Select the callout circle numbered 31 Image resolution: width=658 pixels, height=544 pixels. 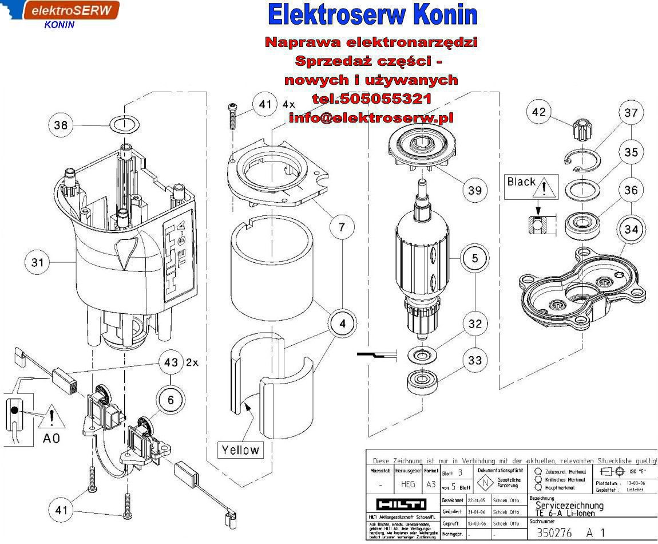[37, 263]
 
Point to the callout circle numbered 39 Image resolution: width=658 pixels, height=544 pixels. [474, 190]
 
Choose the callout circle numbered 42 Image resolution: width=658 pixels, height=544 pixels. [538, 112]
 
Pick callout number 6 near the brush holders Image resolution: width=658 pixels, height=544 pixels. [171, 399]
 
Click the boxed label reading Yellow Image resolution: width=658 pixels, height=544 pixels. [240, 450]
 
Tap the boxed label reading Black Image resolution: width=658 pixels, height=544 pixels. [521, 182]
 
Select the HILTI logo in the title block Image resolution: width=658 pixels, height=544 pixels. [401, 504]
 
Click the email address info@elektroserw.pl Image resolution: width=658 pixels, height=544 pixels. [371, 117]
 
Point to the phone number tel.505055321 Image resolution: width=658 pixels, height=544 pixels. [372, 98]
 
